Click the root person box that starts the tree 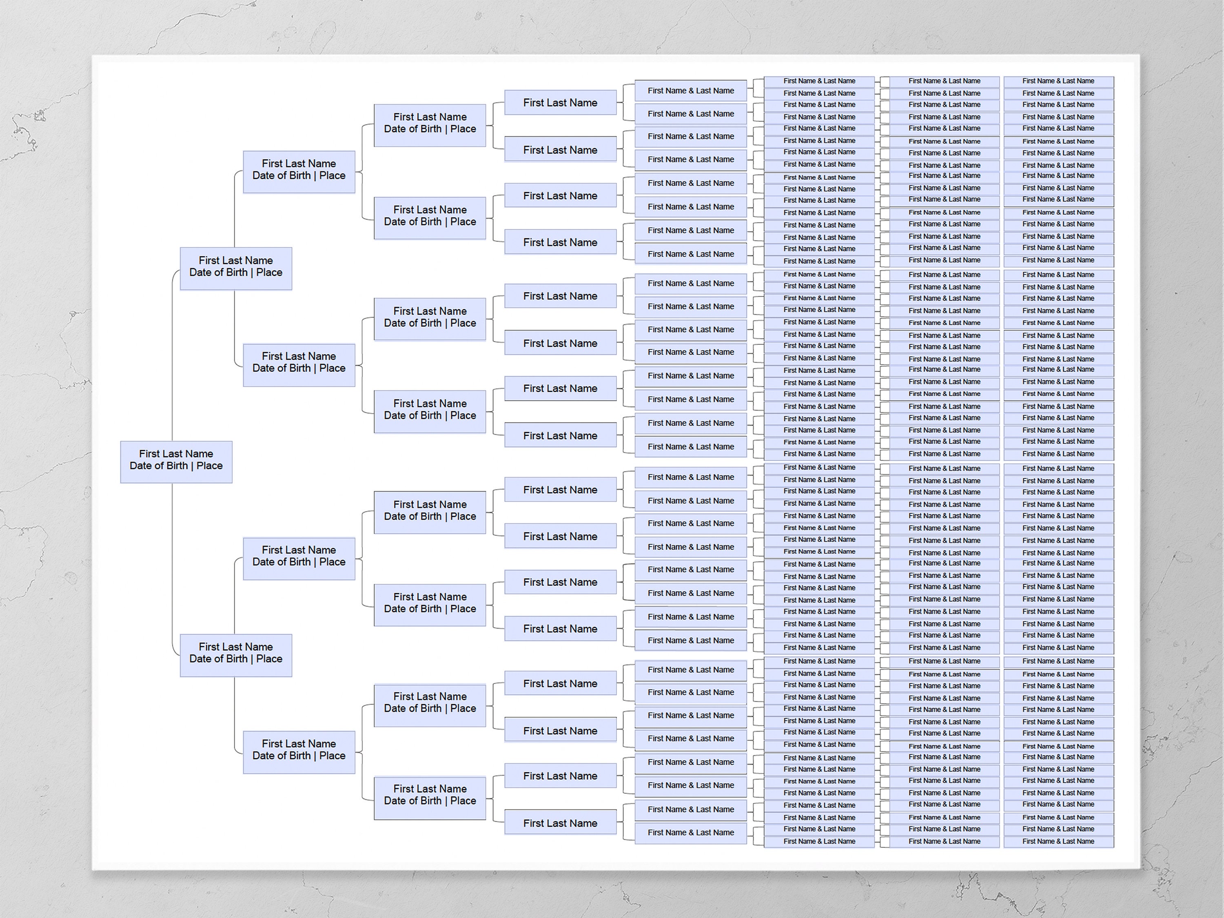coord(176,461)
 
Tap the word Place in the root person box coord(209,466)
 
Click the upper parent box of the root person coord(236,268)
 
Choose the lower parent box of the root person coord(236,655)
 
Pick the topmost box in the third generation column coord(299,171)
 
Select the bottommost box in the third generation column coord(299,752)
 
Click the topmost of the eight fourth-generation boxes coord(430,125)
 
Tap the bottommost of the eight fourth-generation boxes coord(430,798)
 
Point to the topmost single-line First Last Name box coord(560,102)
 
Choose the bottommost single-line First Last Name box coord(560,823)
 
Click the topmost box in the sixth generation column coord(691,91)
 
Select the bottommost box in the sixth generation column coord(691,832)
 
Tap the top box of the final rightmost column coord(1058,81)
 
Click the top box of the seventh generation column coord(819,81)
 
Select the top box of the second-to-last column coord(944,81)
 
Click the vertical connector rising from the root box coord(172,360)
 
